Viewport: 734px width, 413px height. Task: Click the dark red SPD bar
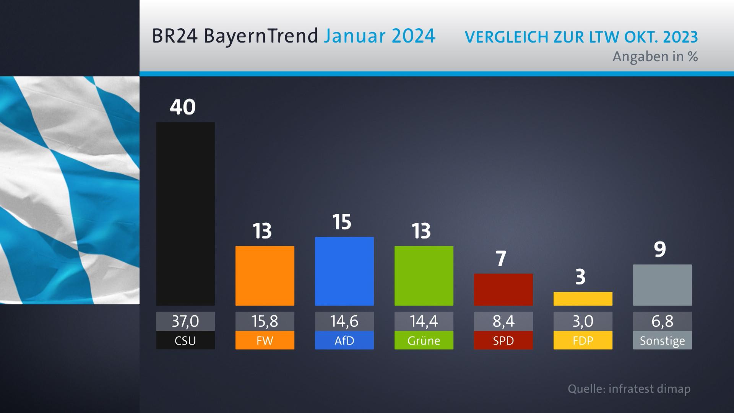pyautogui.click(x=503, y=289)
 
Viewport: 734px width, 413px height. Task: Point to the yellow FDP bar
pyautogui.click(x=583, y=299)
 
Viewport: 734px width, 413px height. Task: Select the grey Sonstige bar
pyautogui.click(x=662, y=285)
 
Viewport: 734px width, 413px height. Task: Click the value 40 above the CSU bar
pyautogui.click(x=183, y=107)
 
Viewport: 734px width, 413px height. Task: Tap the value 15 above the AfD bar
pyautogui.click(x=342, y=222)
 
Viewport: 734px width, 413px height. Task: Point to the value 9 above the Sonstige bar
pyautogui.click(x=660, y=249)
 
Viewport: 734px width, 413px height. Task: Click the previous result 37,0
pyautogui.click(x=185, y=321)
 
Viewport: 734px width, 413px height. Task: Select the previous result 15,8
pyautogui.click(x=265, y=321)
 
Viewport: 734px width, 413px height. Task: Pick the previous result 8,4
pyautogui.click(x=503, y=321)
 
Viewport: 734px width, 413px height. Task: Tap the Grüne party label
pyautogui.click(x=424, y=340)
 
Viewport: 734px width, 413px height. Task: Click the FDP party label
pyautogui.click(x=583, y=340)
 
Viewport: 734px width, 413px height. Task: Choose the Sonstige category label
pyautogui.click(x=662, y=340)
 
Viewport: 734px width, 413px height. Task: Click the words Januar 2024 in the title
pyautogui.click(x=379, y=36)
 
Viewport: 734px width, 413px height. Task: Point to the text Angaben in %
pyautogui.click(x=655, y=57)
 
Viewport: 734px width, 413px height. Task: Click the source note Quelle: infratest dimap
pyautogui.click(x=629, y=389)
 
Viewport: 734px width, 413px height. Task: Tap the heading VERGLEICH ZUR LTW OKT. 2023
pyautogui.click(x=581, y=37)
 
